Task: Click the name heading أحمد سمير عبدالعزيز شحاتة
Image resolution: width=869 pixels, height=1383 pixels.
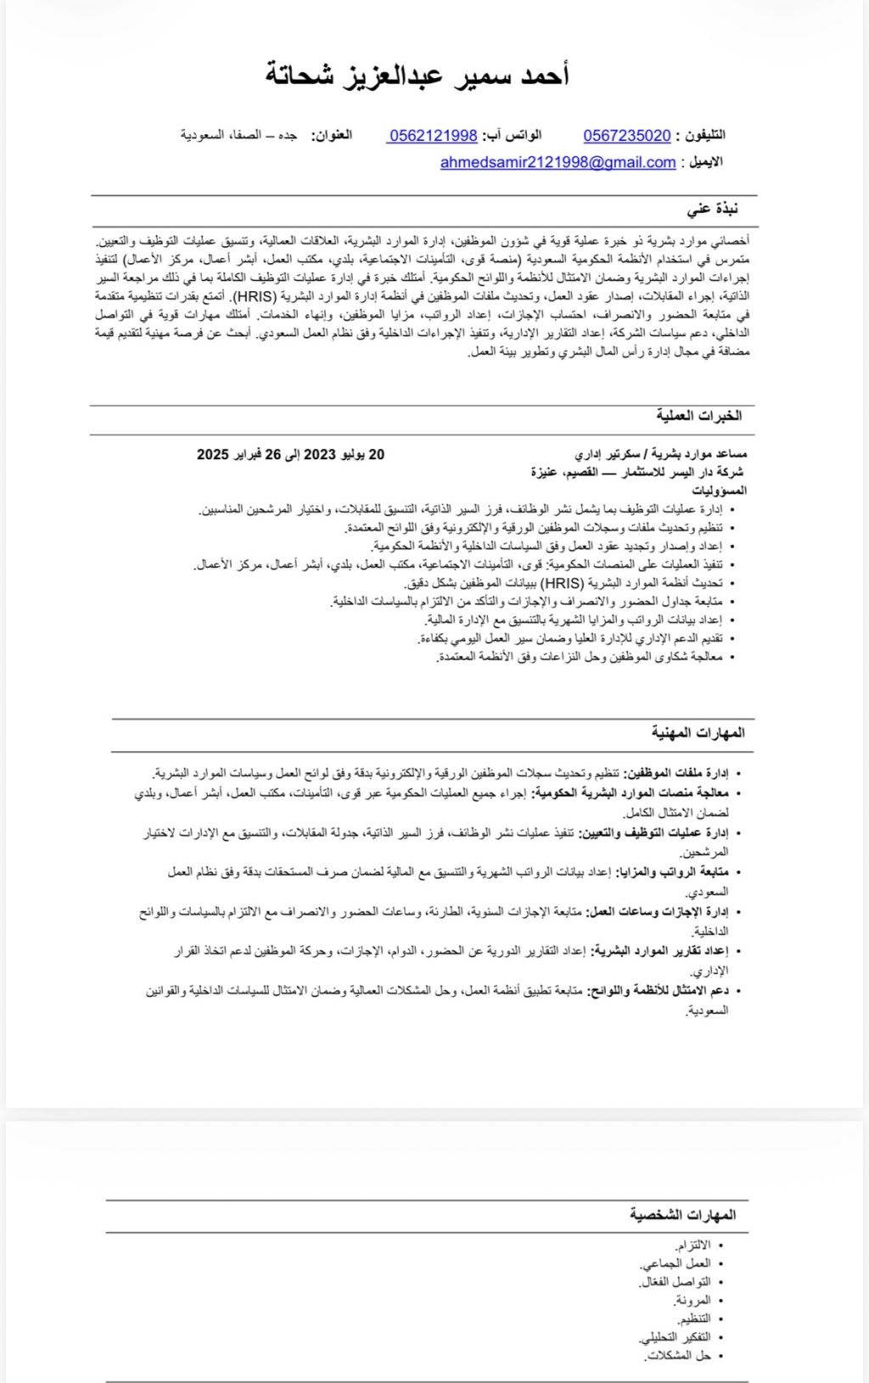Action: pos(418,75)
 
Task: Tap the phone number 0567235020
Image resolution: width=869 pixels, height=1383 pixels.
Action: pos(627,136)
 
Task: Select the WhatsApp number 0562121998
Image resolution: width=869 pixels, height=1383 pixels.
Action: pos(433,136)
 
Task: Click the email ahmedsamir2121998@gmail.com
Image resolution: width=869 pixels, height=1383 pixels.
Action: pos(558,162)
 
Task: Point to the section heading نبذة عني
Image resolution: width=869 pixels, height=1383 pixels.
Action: pos(713,208)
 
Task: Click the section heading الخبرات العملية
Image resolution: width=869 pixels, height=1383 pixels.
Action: pos(698,415)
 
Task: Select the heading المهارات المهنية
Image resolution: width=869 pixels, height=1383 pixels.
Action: pos(698,732)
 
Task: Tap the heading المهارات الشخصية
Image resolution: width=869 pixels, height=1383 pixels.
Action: pos(682,1215)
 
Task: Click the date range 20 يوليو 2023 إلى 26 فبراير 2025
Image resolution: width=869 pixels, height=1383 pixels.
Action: pos(290,454)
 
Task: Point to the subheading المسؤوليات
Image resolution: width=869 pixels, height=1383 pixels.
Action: pos(719,491)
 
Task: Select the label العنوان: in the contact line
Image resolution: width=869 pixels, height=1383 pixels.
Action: pos(332,136)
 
